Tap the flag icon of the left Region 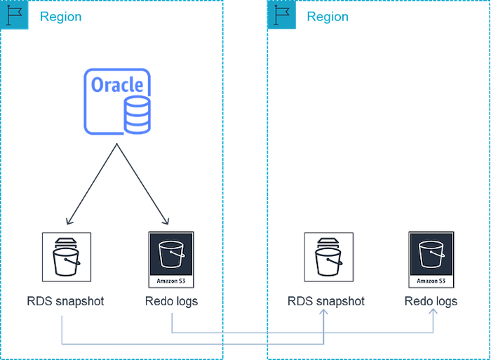point(14,15)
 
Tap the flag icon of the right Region point(281,15)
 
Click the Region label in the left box point(60,17)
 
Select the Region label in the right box point(327,17)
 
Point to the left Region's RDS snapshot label point(64,302)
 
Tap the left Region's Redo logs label point(172,302)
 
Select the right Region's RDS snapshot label point(326,302)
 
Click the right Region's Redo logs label point(431,302)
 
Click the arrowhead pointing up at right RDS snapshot point(325,314)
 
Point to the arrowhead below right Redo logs point(433,314)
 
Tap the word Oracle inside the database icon point(117,86)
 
